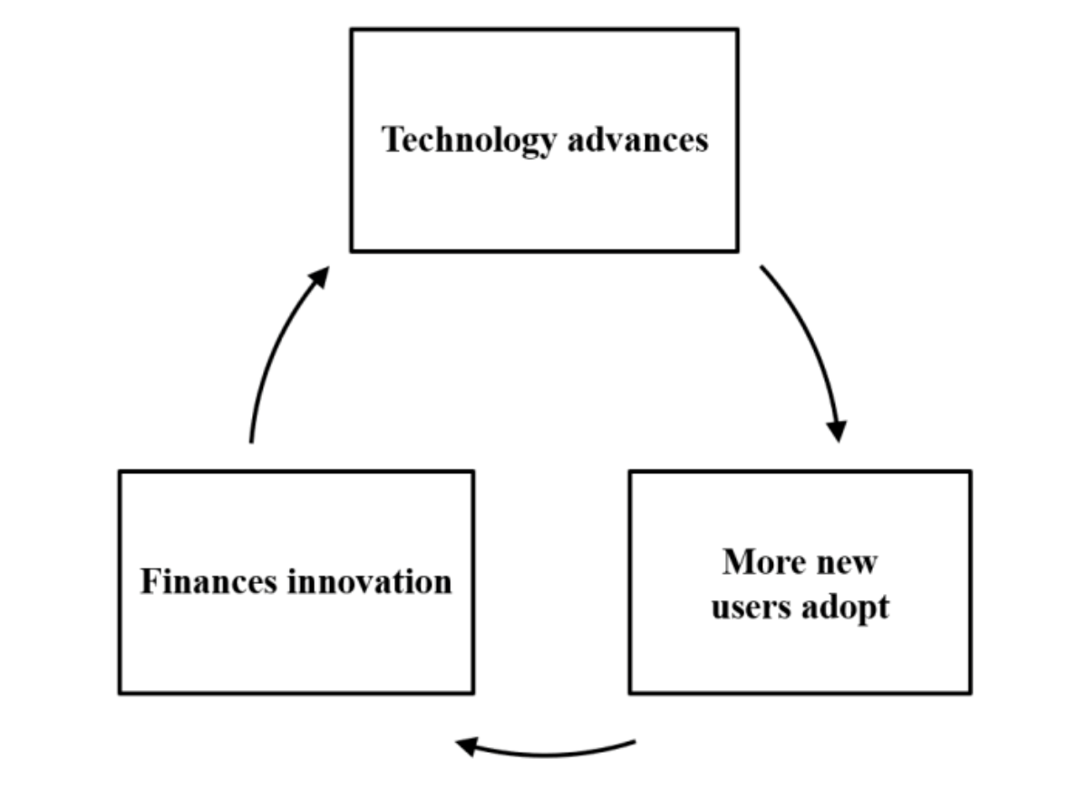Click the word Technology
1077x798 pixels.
tap(469, 141)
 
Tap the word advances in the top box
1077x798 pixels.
tap(638, 140)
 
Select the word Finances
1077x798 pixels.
tap(209, 581)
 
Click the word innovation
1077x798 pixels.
tap(370, 581)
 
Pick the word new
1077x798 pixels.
tap(844, 564)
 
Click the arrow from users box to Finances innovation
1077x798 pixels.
tap(546, 754)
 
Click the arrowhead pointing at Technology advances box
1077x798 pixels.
tap(319, 277)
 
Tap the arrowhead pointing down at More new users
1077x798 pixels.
tap(838, 431)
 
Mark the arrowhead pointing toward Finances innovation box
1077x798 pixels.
tap(466, 746)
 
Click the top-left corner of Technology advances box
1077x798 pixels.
tap(351, 29)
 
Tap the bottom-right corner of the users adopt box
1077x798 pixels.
tap(971, 693)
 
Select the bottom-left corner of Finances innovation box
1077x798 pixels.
tap(120, 693)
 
